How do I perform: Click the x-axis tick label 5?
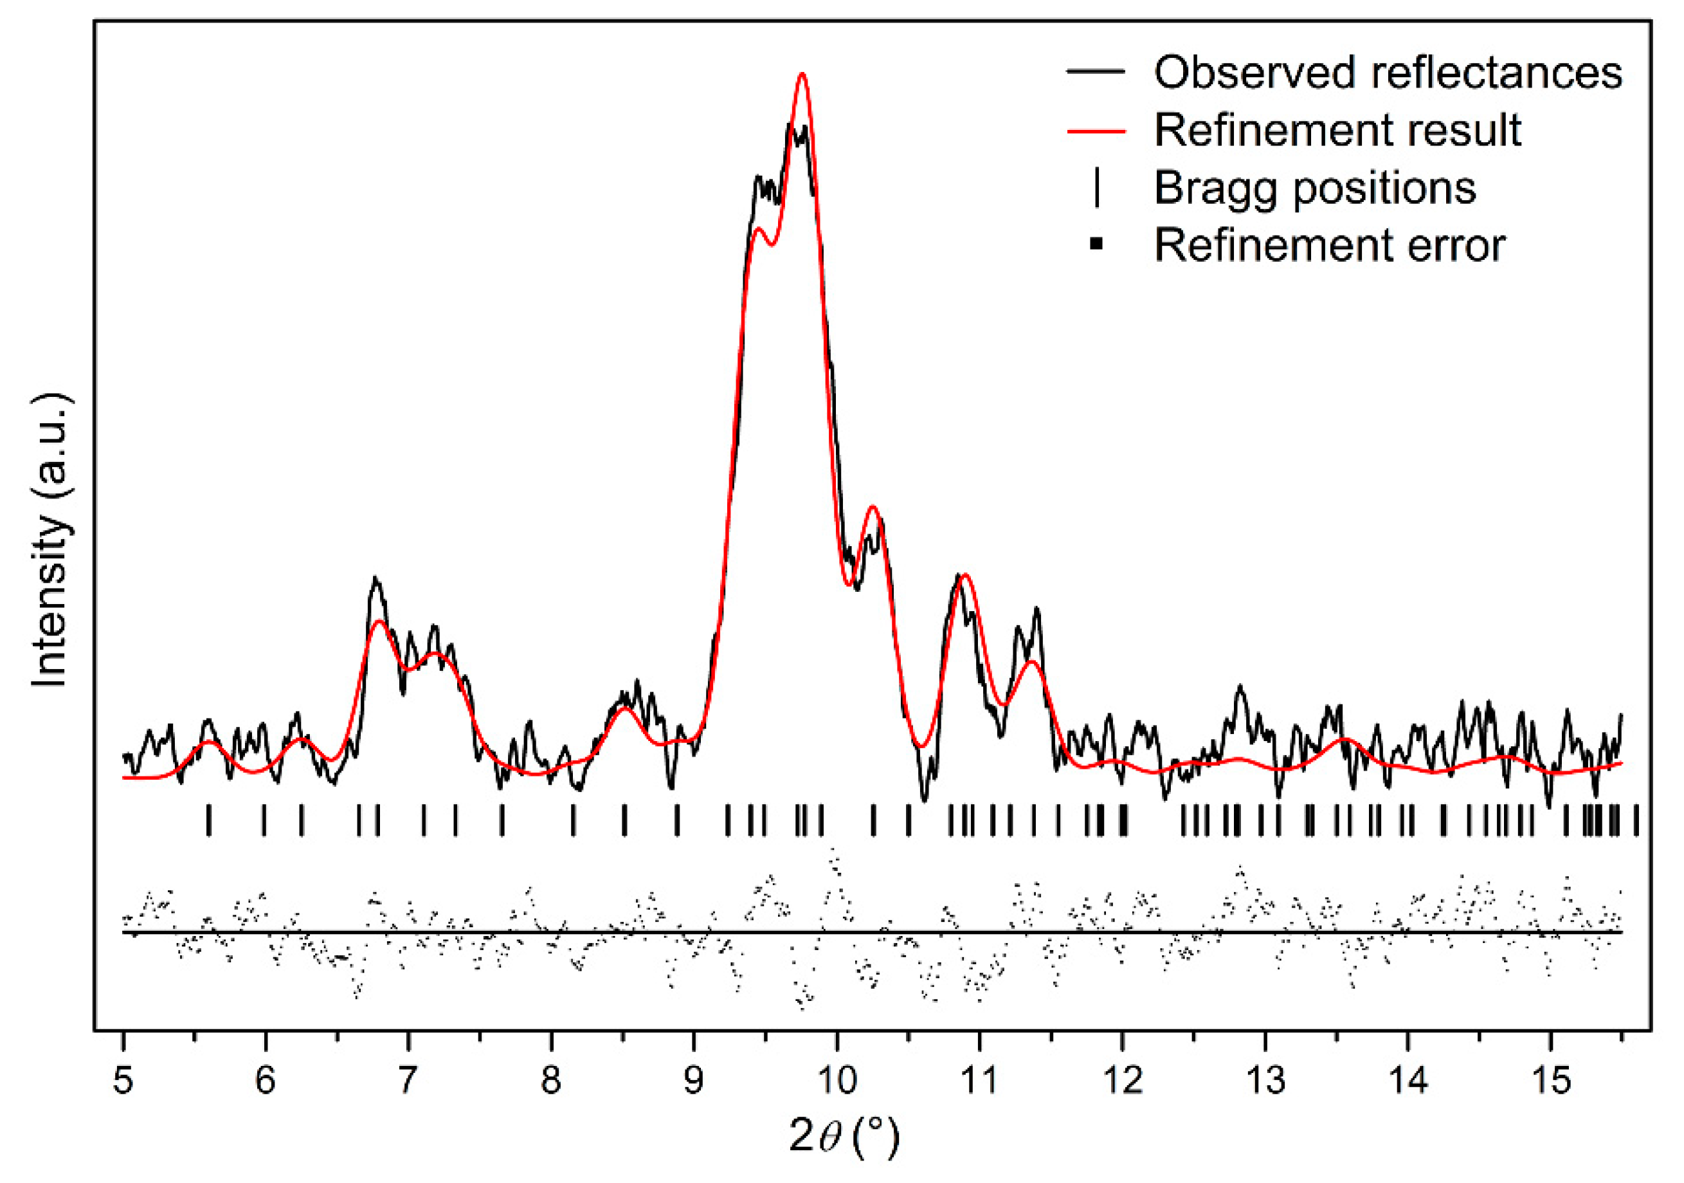click(x=123, y=1079)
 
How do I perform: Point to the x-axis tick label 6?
click(x=266, y=1079)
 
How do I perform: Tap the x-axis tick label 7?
click(x=408, y=1079)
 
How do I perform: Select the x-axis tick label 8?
click(x=551, y=1079)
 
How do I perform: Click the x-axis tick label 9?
click(x=693, y=1079)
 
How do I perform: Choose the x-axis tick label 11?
click(x=979, y=1079)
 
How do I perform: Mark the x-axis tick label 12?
click(x=1122, y=1079)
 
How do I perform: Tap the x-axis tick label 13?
click(x=1265, y=1079)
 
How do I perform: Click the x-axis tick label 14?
click(x=1408, y=1079)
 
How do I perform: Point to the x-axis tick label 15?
click(x=1550, y=1079)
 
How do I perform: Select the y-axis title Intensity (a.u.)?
click(x=50, y=541)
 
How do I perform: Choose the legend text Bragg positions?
click(x=1315, y=187)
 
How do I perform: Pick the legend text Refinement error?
click(x=1330, y=244)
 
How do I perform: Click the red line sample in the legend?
click(x=1096, y=131)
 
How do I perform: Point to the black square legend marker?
click(x=1096, y=244)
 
